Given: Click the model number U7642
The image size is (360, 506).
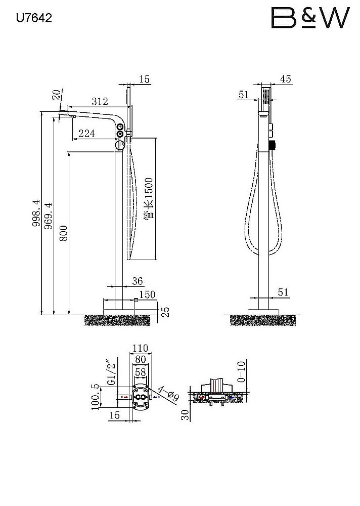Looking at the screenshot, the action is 34,18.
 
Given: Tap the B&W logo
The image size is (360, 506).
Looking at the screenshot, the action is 310,18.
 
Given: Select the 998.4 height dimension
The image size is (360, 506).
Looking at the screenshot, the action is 36,213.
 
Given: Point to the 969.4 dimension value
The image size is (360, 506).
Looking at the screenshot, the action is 49,216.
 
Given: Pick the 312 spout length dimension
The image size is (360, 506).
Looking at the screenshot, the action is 100,101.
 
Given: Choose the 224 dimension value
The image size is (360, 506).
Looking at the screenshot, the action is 87,133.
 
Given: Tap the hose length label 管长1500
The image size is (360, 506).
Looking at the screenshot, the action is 149,198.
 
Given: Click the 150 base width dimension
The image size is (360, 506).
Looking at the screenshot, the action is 147,294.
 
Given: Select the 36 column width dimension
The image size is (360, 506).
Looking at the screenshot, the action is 138,281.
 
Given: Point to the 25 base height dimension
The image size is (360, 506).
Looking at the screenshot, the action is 165,311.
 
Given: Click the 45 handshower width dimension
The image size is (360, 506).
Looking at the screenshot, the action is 286,79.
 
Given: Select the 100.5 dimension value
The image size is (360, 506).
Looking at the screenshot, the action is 96,397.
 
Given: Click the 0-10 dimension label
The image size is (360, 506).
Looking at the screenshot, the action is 241,371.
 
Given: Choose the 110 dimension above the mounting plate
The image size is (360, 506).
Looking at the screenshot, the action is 141,348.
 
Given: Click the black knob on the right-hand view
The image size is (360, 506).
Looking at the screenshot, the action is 273,146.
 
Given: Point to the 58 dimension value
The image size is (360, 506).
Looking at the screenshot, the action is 141,372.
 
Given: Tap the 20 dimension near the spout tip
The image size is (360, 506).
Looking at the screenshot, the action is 57,95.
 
